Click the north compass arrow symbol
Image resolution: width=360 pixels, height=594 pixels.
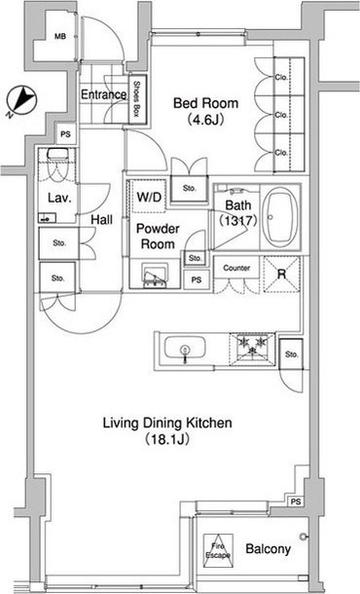click(x=22, y=100)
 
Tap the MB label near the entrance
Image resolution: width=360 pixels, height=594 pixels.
click(x=59, y=37)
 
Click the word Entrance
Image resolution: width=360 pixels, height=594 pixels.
click(x=104, y=94)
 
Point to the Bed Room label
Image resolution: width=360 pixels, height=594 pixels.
click(x=205, y=103)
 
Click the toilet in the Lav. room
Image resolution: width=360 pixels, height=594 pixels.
click(x=57, y=164)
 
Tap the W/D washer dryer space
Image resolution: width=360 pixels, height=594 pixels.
click(x=149, y=197)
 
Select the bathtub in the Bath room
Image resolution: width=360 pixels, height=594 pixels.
click(x=280, y=217)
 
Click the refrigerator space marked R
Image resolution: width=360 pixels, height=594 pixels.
click(x=281, y=275)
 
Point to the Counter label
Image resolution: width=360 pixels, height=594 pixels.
click(x=236, y=268)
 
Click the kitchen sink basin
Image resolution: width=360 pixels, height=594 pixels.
click(x=185, y=349)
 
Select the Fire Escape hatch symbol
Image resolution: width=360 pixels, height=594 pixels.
click(x=218, y=551)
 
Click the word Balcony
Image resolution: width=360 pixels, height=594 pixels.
click(x=268, y=549)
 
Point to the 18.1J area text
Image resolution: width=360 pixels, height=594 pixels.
click(x=166, y=439)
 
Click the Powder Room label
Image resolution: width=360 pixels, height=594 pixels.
click(x=158, y=236)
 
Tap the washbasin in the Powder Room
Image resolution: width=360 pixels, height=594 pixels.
click(x=155, y=276)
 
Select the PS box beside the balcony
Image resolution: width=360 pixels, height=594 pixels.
click(x=296, y=501)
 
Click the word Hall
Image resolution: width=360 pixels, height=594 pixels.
click(x=102, y=219)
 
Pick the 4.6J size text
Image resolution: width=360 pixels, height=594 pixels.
click(x=205, y=120)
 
